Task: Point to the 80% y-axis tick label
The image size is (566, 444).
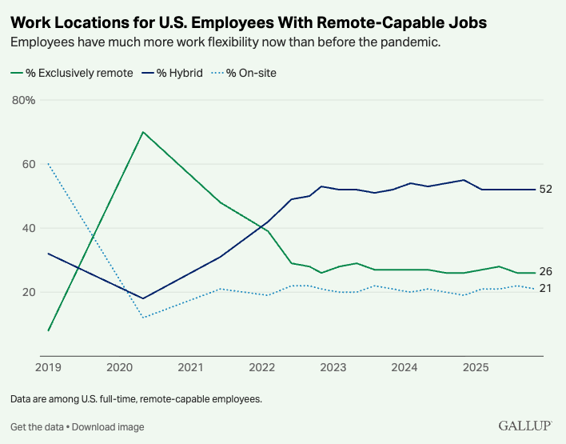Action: tap(24, 100)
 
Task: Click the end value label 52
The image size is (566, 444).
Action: tap(545, 190)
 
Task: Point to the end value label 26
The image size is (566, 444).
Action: tap(545, 272)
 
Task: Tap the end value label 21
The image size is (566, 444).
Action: tap(545, 289)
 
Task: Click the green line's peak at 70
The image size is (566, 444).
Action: tap(142, 132)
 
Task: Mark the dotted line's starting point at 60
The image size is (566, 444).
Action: tap(49, 164)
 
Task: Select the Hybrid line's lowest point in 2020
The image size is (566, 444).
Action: tap(142, 298)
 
